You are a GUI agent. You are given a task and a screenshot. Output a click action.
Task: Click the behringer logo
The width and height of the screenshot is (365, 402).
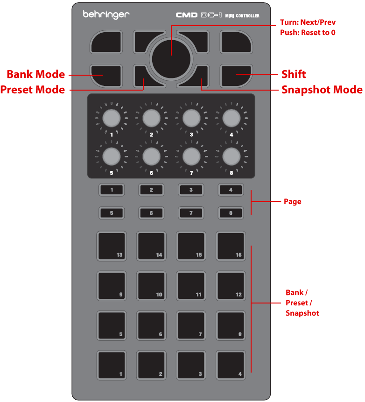pyautogui.click(x=106, y=15)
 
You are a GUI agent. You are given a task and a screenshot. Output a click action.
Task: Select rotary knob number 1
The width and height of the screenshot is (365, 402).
pyautogui.click(x=111, y=119)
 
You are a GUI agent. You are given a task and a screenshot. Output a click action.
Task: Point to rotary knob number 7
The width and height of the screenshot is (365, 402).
pyautogui.click(x=190, y=157)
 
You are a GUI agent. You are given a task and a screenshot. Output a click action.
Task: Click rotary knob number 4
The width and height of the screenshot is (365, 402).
pyautogui.click(x=231, y=119)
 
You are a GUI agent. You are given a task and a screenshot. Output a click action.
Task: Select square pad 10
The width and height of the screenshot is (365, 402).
pyautogui.click(x=151, y=285)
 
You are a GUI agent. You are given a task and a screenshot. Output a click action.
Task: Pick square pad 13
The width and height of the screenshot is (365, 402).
pyautogui.click(x=112, y=246)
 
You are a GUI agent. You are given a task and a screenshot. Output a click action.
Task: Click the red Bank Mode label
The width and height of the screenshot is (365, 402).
pyautogui.click(x=35, y=74)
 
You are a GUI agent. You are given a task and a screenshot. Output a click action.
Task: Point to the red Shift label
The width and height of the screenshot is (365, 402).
pyautogui.click(x=294, y=74)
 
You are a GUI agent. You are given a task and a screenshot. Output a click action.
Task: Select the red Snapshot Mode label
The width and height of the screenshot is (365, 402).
pyautogui.click(x=322, y=89)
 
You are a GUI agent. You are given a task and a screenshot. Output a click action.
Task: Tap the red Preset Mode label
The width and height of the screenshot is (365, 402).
pyautogui.click(x=33, y=89)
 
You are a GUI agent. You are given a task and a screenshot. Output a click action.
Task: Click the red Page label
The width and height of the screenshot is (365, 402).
pyautogui.click(x=293, y=202)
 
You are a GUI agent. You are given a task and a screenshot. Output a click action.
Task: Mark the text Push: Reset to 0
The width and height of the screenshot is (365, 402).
pyautogui.click(x=308, y=33)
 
